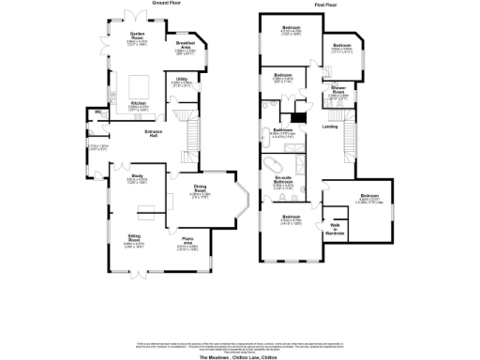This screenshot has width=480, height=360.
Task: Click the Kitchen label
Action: point(138,103)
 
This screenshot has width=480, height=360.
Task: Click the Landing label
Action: point(330,127)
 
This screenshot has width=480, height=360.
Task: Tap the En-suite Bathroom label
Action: point(284,180)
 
